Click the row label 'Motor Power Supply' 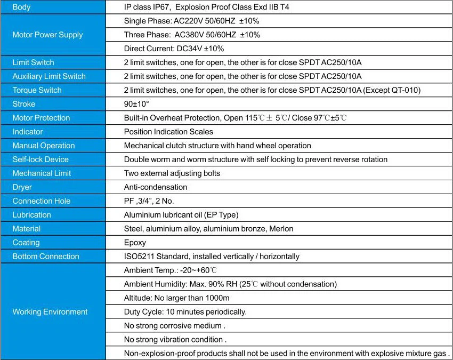(x=47, y=35)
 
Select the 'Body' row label (x=21, y=7)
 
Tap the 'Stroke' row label (x=25, y=104)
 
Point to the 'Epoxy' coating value (x=135, y=243)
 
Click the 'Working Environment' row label (x=50, y=312)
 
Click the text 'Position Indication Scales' (x=168, y=132)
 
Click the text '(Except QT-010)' (x=392, y=90)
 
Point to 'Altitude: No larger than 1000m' (x=176, y=298)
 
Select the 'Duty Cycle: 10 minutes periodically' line (x=185, y=312)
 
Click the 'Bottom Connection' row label (x=45, y=257)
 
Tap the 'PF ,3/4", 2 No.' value (x=149, y=201)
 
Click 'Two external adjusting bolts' (x=172, y=173)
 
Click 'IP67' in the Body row (x=163, y=7)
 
